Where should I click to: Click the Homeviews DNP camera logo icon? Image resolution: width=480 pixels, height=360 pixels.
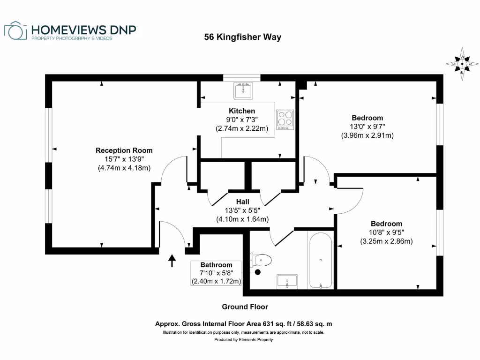(x=16, y=31)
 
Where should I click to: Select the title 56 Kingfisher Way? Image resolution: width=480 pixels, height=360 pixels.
(x=242, y=37)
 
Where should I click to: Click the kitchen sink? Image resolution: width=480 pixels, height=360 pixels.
(x=243, y=90)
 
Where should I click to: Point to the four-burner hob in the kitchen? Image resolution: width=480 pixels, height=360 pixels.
(x=285, y=120)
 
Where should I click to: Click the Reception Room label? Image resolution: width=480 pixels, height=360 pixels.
(x=124, y=150)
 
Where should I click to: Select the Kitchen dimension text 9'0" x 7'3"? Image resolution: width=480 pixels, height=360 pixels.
(x=242, y=120)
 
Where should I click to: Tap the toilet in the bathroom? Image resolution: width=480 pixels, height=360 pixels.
(x=262, y=259)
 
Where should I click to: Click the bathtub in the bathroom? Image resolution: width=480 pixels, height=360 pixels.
(x=321, y=261)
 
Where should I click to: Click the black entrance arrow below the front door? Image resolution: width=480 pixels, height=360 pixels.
(x=172, y=261)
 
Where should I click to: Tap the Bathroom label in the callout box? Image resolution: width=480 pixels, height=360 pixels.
(x=216, y=265)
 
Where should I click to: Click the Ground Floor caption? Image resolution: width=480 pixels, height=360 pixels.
(x=245, y=307)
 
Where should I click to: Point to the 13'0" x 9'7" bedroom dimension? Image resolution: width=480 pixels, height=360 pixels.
(x=367, y=127)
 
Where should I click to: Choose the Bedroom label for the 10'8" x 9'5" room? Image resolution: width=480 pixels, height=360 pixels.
(x=386, y=224)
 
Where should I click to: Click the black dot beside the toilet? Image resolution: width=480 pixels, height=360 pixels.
(x=257, y=271)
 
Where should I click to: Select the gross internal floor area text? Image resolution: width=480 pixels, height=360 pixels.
(x=244, y=324)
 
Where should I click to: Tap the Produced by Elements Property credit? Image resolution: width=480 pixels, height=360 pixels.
(x=243, y=340)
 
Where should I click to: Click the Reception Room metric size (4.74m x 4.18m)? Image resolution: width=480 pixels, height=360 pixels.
(x=124, y=168)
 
